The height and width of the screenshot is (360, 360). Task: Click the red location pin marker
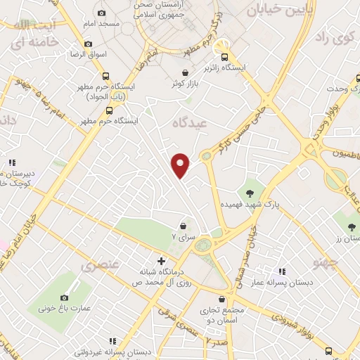pos(181,165)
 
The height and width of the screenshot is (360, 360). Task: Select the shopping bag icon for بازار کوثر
pos(185,72)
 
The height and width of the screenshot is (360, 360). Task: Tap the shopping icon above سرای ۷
pos(184,226)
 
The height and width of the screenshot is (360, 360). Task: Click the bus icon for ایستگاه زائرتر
pos(224,57)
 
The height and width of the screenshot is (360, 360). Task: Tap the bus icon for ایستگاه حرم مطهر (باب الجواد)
pos(105,77)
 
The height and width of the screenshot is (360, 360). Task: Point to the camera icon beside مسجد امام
pos(102,13)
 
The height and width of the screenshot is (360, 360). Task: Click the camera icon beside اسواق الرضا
pos(88,44)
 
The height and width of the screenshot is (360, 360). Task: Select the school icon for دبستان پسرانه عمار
pos(282,271)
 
